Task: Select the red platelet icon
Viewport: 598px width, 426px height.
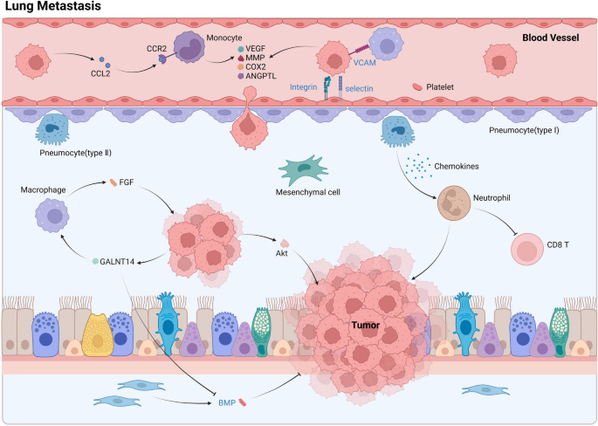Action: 418,87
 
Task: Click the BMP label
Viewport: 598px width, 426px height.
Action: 227,402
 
